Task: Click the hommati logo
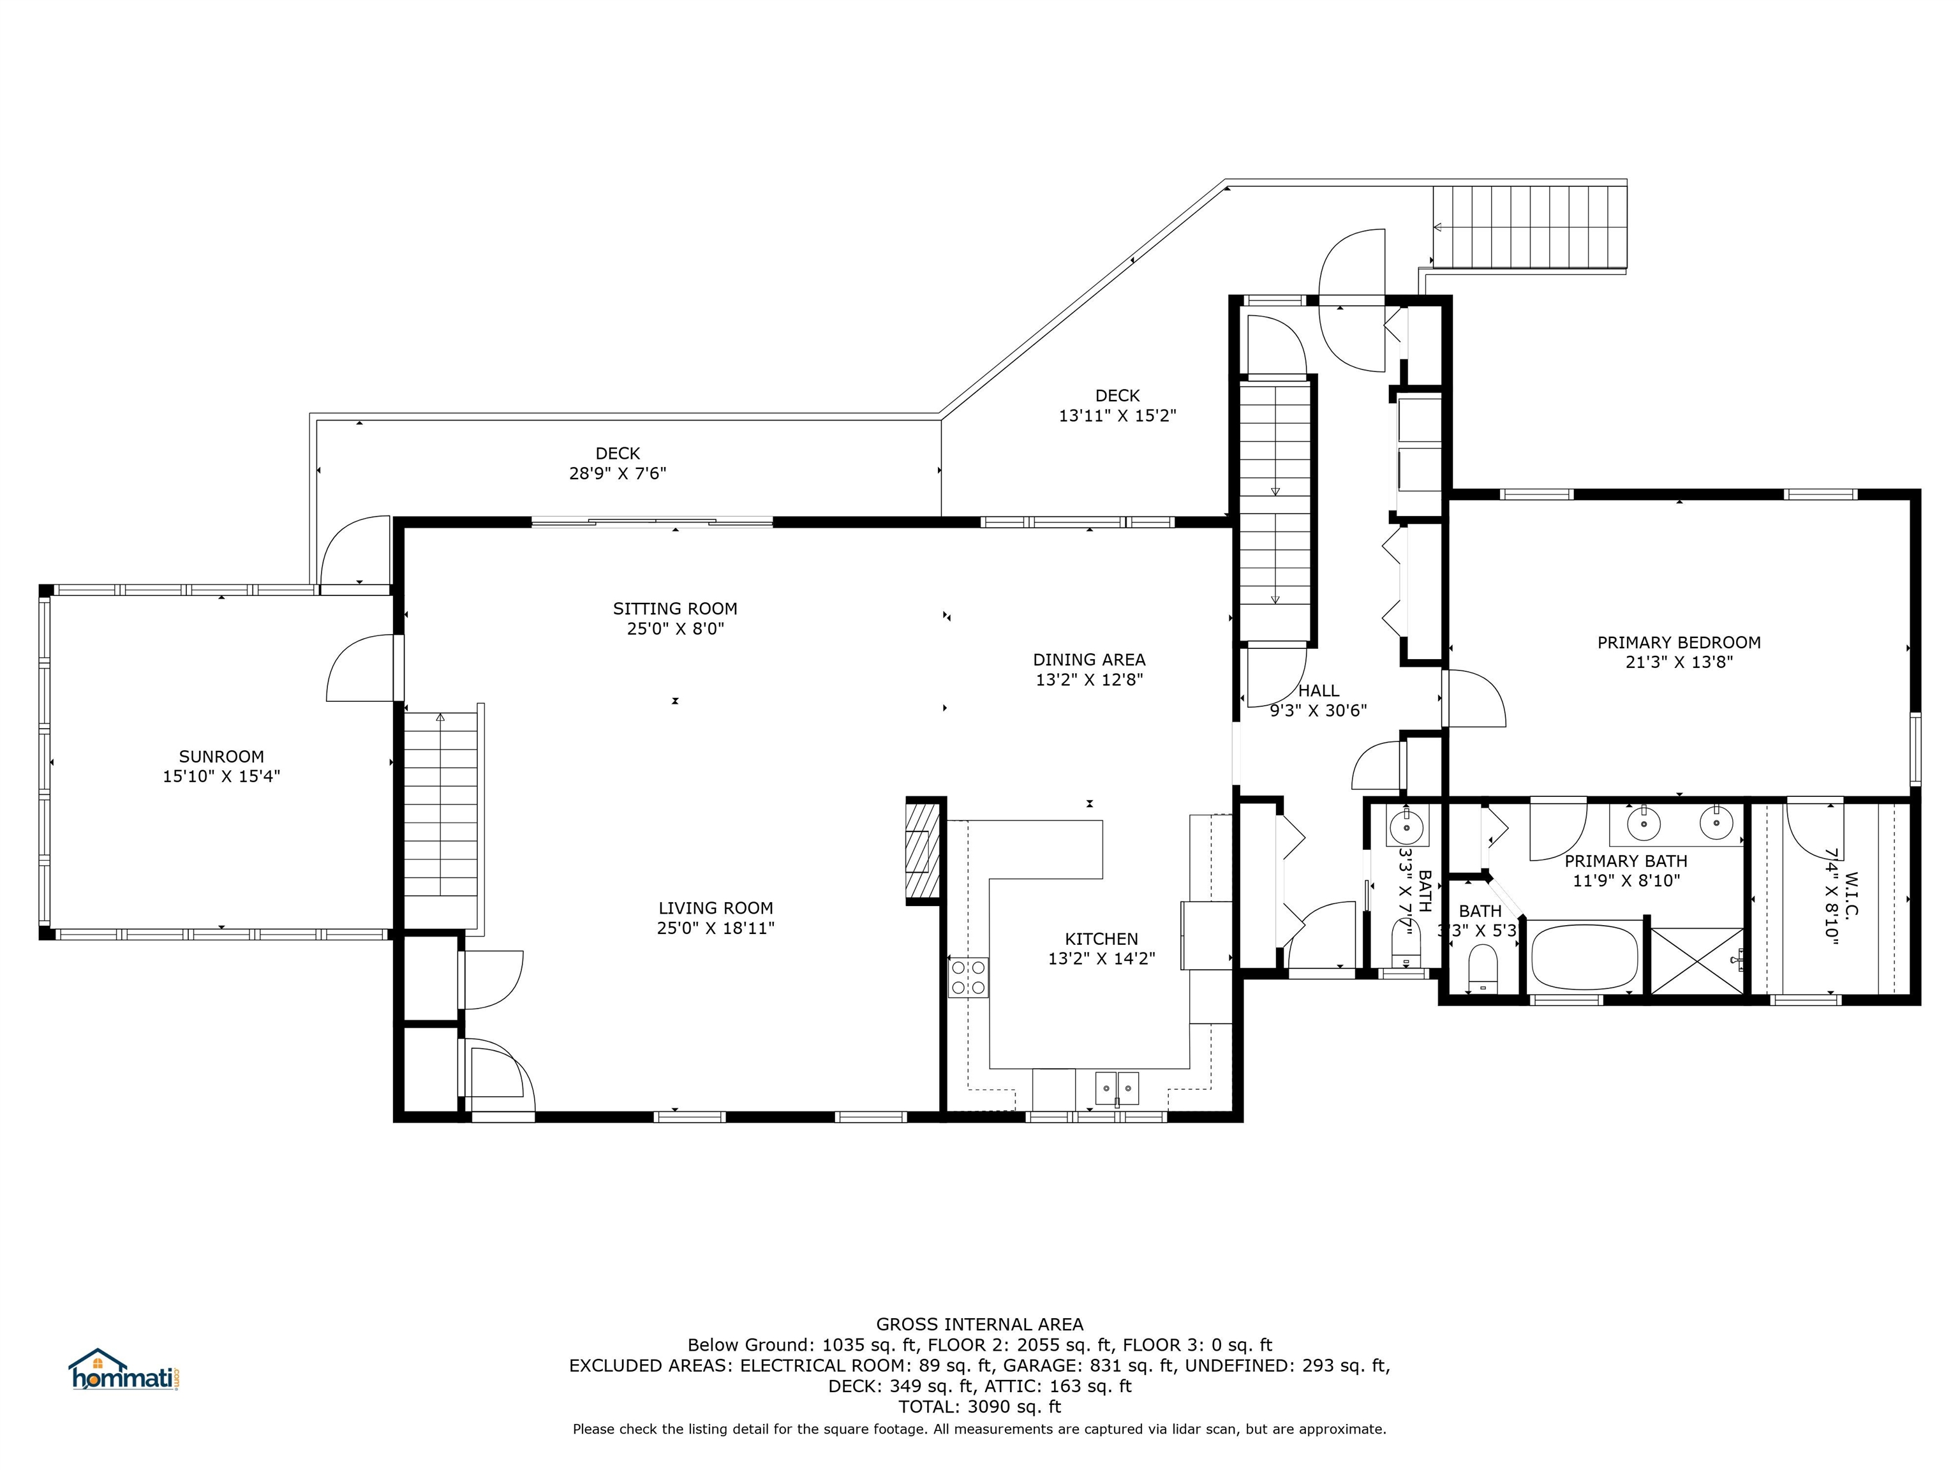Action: point(125,1370)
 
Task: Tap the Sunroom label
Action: point(221,757)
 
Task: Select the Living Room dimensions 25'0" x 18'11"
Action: point(716,928)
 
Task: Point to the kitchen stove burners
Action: point(969,978)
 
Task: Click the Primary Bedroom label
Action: point(1679,642)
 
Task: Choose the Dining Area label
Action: point(1089,659)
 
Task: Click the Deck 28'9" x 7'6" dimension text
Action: point(618,473)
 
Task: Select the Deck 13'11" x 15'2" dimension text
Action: point(1117,415)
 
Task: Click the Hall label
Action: point(1319,690)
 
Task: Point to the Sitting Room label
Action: point(675,609)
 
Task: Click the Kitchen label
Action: point(1101,939)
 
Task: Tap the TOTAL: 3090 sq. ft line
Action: point(980,1406)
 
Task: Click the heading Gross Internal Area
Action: point(980,1324)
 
